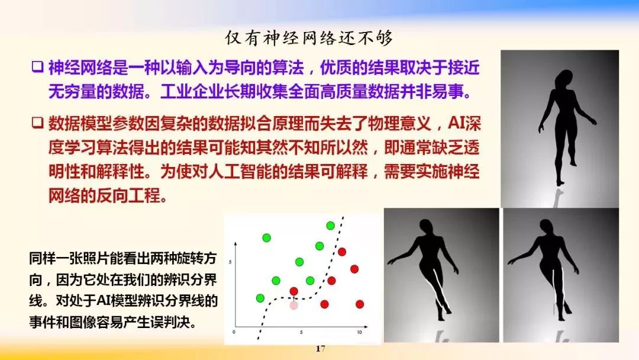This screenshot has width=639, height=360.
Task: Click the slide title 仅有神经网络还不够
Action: pyautogui.click(x=309, y=38)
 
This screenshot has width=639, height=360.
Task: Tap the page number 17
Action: pyautogui.click(x=320, y=349)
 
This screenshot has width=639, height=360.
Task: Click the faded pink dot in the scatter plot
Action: pyautogui.click(x=293, y=305)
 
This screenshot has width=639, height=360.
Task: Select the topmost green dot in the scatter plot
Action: pyautogui.click(x=330, y=226)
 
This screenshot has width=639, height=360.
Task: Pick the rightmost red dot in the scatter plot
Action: pyautogui.click(x=359, y=304)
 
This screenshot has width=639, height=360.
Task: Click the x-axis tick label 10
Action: pyautogui.click(x=359, y=333)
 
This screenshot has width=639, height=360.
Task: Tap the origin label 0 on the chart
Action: pyautogui.click(x=234, y=333)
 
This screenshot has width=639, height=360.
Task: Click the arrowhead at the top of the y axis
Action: pyautogui.click(x=236, y=243)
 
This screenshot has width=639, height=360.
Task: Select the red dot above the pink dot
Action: pyautogui.click(x=293, y=291)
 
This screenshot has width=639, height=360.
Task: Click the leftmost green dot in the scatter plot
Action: pyautogui.click(x=260, y=298)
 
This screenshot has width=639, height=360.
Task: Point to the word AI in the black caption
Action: pyautogui.click(x=105, y=301)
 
